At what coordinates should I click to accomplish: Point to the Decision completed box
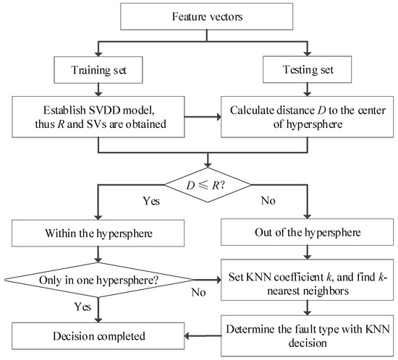point(101,335)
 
